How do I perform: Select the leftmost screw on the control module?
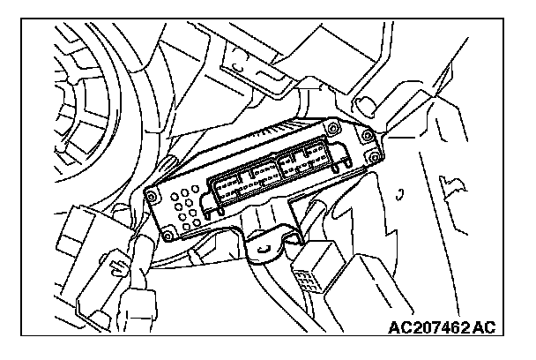[x=151, y=188]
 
